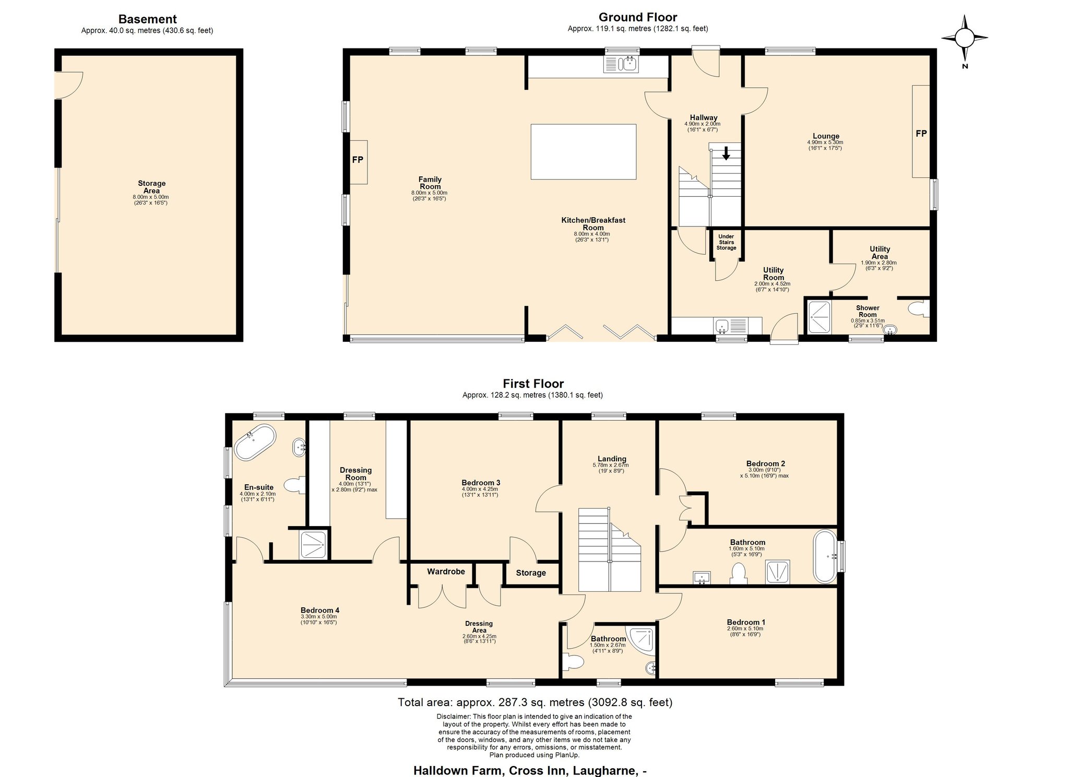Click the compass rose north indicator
pyautogui.click(x=965, y=38)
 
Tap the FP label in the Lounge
pyautogui.click(x=921, y=134)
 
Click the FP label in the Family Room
pyautogui.click(x=358, y=160)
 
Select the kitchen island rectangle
pyautogui.click(x=584, y=152)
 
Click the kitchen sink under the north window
pyautogui.click(x=621, y=64)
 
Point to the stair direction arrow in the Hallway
pyautogui.click(x=726, y=153)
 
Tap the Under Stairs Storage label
pyautogui.click(x=726, y=242)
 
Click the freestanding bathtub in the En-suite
pyautogui.click(x=255, y=443)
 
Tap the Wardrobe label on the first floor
pyautogui.click(x=446, y=571)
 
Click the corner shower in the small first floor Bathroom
pyautogui.click(x=643, y=639)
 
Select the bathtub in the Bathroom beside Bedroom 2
pyautogui.click(x=825, y=556)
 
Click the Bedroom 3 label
pyautogui.click(x=481, y=483)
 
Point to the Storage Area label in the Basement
pyautogui.click(x=152, y=187)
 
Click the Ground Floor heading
pyautogui.click(x=638, y=17)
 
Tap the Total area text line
pyautogui.click(x=535, y=702)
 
